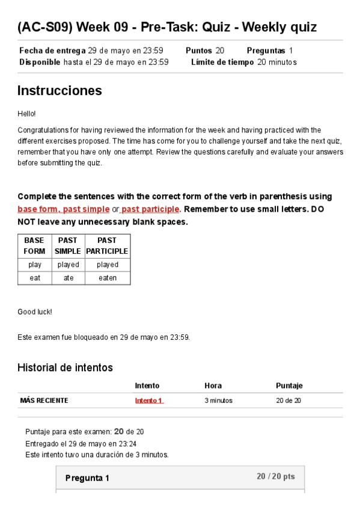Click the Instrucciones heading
click(x=59, y=91)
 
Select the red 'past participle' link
click(x=150, y=209)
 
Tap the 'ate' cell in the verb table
click(x=68, y=278)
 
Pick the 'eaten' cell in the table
click(x=107, y=278)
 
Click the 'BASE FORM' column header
click(x=34, y=245)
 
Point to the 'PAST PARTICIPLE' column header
click(x=107, y=245)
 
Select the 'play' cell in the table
click(x=34, y=265)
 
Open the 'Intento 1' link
click(x=148, y=401)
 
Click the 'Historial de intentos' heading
click(x=65, y=367)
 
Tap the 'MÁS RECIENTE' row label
click(x=44, y=401)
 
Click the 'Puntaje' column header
click(x=289, y=386)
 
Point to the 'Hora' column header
click(x=213, y=386)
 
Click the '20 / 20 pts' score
click(x=275, y=476)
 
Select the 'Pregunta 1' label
click(x=87, y=478)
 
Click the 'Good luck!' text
click(x=35, y=312)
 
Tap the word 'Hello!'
click(x=26, y=113)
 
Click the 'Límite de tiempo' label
click(x=222, y=62)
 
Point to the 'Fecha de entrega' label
click(x=52, y=51)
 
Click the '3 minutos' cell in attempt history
click(x=218, y=401)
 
